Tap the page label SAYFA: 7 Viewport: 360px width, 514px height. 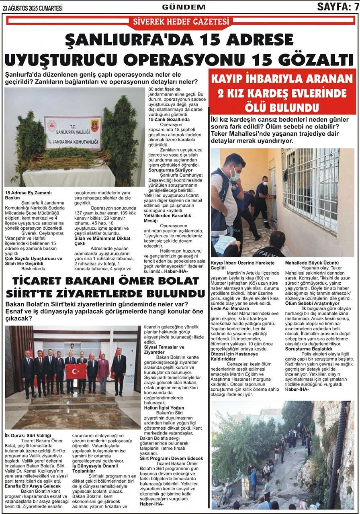point(337,7)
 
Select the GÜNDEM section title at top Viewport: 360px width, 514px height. point(184,7)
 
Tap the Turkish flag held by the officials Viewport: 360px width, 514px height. point(76,371)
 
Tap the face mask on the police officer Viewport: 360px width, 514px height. point(235,174)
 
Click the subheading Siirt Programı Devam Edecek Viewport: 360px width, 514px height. point(172,458)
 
